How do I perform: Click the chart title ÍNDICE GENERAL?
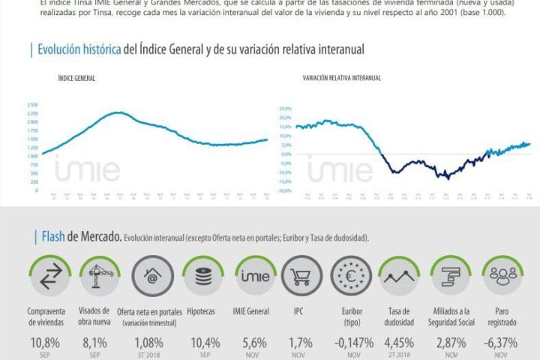(76, 78)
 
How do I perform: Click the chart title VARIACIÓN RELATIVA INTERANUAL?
(342, 78)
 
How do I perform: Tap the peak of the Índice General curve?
(118, 112)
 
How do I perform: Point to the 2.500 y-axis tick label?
(32, 104)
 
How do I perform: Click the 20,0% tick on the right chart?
(284, 109)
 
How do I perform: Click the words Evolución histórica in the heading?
(78, 49)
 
